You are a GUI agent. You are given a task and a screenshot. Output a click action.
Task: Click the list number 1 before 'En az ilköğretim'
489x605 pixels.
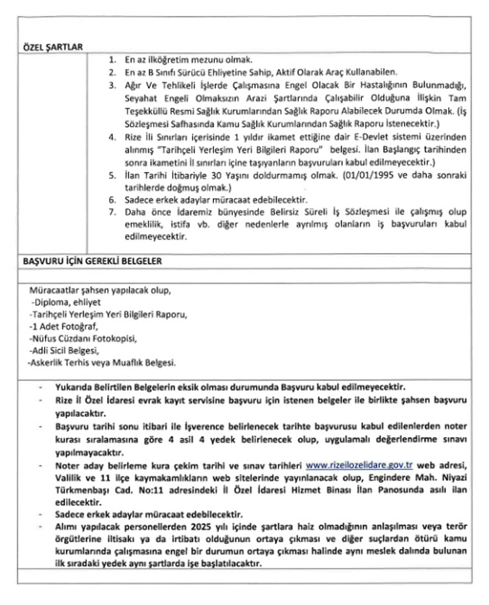pyautogui.click(x=113, y=59)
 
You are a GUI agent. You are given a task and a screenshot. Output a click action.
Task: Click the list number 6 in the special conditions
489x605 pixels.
pyautogui.click(x=113, y=199)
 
